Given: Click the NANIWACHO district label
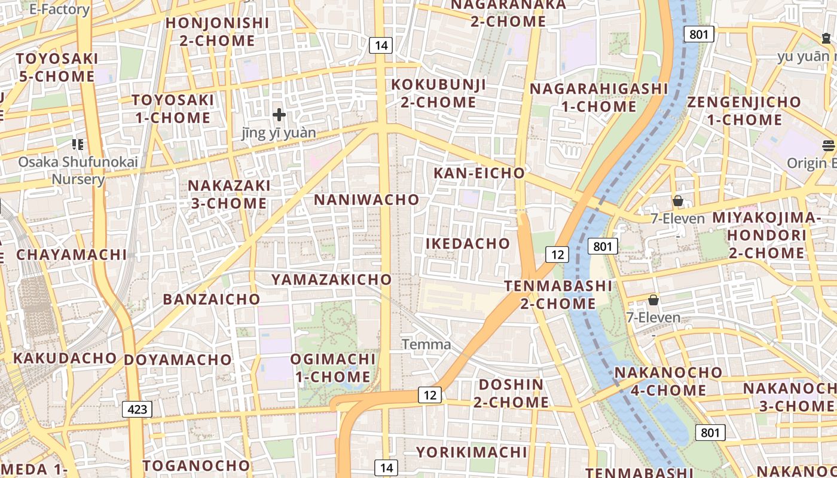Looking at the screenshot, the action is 366,200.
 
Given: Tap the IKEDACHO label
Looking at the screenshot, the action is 468,244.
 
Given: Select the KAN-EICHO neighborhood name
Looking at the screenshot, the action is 479,173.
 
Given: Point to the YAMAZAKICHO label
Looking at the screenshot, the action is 332,280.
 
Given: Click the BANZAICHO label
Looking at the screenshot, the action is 212,299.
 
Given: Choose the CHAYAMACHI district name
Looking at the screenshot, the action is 72,255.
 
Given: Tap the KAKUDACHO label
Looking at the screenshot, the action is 65,358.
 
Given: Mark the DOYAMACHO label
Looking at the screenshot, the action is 178,360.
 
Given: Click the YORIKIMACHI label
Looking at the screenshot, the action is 472,452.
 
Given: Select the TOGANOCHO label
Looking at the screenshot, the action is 196,465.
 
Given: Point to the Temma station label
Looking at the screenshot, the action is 426,345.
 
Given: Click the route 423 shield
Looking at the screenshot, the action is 137,409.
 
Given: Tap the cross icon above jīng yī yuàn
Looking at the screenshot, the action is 279,115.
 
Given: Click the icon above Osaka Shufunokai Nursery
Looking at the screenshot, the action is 78,144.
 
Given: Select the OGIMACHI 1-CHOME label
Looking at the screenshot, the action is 332,368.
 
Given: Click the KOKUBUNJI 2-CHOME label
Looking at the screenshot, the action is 438,93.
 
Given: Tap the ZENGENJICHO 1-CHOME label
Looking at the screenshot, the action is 744,111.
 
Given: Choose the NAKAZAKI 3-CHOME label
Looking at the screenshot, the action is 228,194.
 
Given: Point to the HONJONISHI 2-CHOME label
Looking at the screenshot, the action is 217,32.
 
